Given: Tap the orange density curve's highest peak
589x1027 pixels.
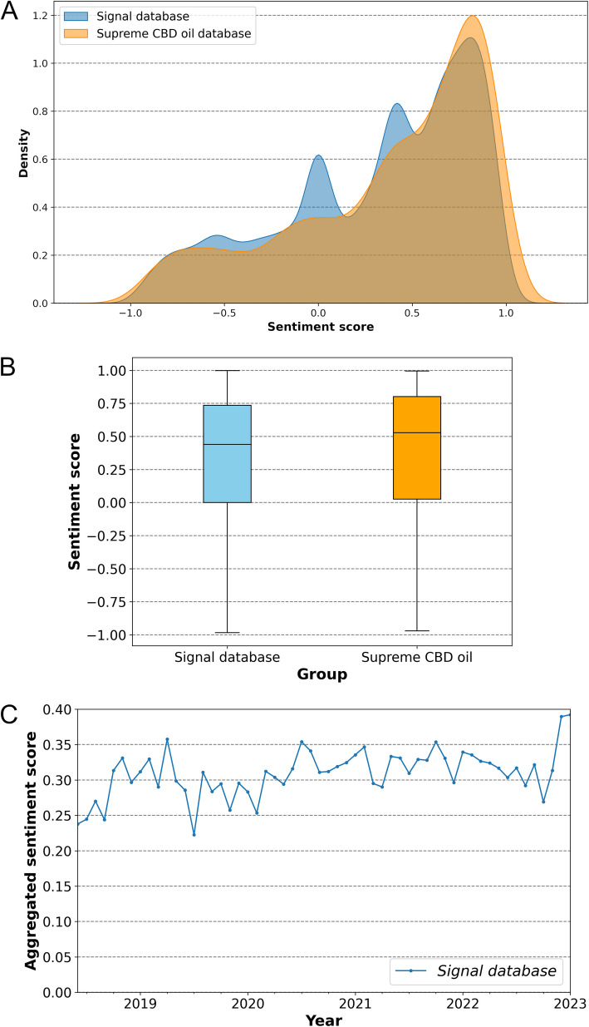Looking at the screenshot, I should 474,16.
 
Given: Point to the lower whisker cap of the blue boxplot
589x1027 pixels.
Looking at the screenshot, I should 227,633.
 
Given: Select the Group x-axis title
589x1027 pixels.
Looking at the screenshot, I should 321,675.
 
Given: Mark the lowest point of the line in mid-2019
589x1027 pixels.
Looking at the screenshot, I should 194,834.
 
